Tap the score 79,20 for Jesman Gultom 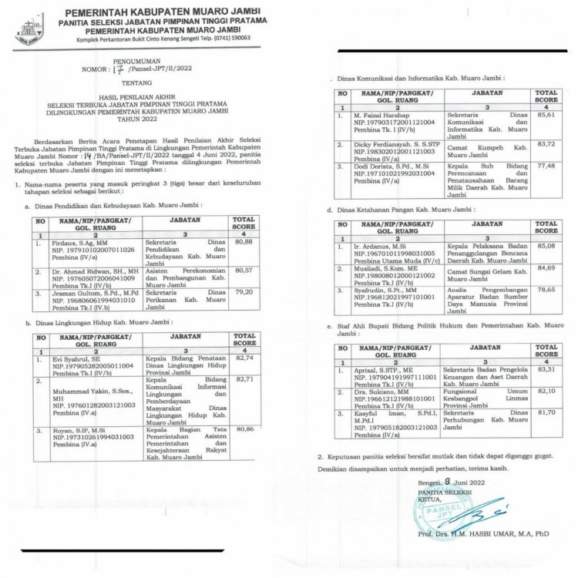pos(244,293)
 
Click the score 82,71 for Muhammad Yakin pos(244,379)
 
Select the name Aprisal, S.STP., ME pos(375,370)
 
